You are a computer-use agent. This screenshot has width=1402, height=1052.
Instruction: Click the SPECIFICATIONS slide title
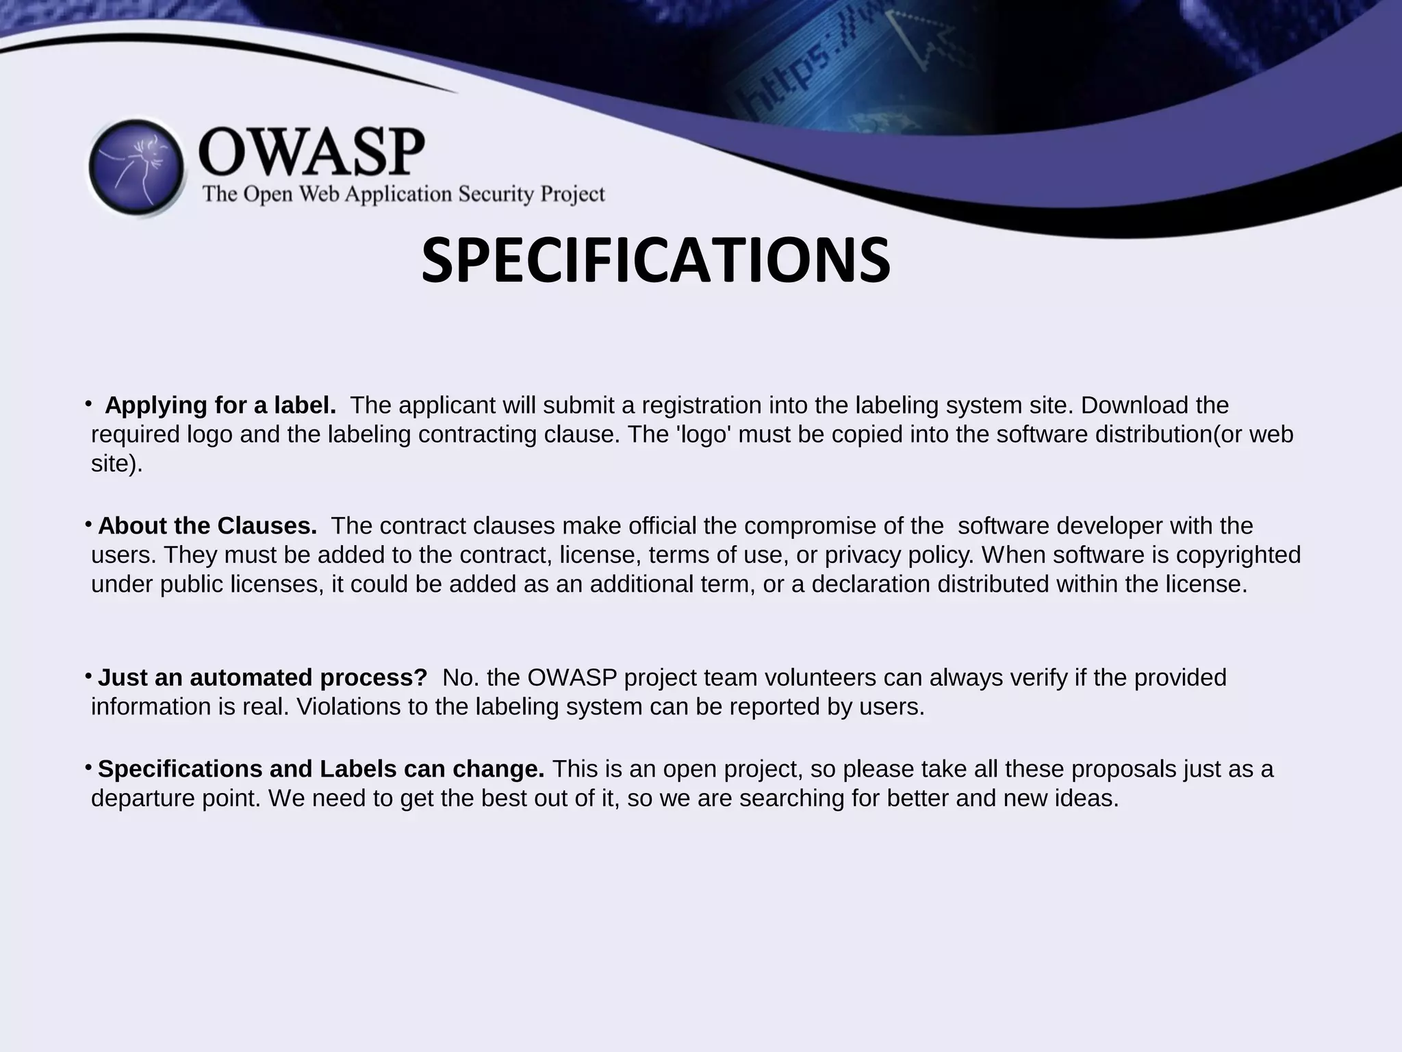point(655,261)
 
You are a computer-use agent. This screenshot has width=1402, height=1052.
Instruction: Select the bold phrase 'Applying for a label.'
point(220,405)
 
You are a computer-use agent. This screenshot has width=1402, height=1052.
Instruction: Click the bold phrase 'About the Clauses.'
point(207,526)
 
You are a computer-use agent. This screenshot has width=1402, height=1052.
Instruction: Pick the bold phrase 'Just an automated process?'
point(263,677)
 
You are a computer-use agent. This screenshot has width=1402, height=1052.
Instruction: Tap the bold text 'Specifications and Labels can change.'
point(321,769)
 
